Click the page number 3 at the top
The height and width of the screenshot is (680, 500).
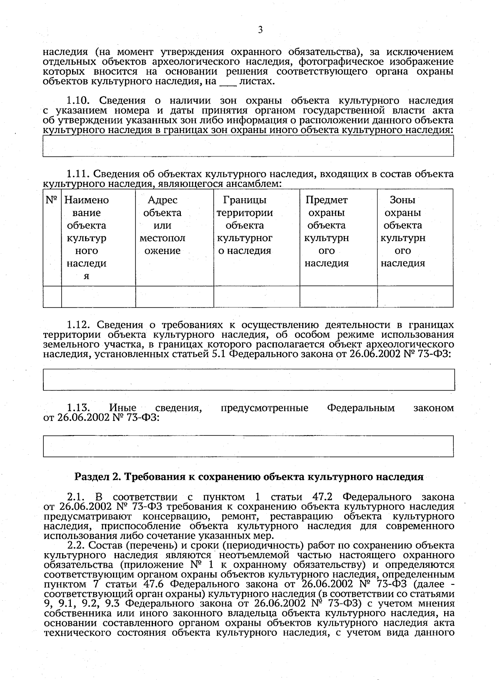[260, 30]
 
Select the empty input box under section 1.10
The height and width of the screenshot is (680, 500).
[248, 146]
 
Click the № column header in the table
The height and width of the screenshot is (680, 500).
[52, 200]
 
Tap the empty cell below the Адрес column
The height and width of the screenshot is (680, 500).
[175, 297]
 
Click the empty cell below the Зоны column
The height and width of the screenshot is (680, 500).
[415, 297]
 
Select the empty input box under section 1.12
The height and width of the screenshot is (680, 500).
[248, 379]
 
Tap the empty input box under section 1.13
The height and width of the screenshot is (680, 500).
[248, 446]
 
